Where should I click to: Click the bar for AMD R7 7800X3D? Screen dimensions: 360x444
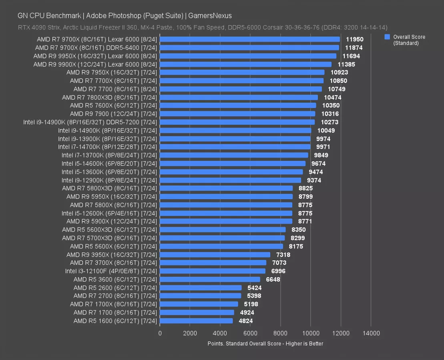click(x=239, y=97)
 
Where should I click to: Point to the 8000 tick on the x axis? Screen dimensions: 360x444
click(x=280, y=333)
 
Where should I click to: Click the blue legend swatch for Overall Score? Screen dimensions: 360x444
click(x=387, y=37)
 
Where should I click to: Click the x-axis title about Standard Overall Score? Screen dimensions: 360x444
click(x=265, y=344)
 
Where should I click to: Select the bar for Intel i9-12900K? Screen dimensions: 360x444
click(x=230, y=180)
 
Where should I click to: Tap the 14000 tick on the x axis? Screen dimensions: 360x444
click(x=371, y=333)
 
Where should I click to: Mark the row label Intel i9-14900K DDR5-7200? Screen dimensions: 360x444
click(x=90, y=122)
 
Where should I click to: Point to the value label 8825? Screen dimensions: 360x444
click(x=305, y=188)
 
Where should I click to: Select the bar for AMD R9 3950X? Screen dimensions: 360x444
click(x=215, y=255)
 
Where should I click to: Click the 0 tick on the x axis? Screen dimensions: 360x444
click(x=160, y=333)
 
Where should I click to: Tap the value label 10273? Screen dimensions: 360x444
click(x=330, y=122)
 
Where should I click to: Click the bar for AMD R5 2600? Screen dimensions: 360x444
click(x=201, y=288)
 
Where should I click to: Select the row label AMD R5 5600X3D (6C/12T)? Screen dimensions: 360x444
click(x=110, y=230)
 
